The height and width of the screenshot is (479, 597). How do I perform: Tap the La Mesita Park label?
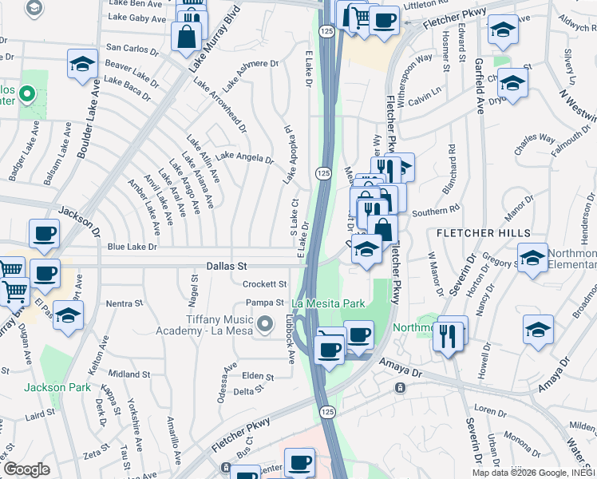(328, 303)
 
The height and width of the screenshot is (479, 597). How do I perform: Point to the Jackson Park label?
(55, 388)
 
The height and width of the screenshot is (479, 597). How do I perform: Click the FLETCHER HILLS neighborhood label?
(484, 232)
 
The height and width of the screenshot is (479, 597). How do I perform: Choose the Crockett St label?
(264, 284)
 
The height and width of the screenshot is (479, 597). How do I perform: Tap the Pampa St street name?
(265, 303)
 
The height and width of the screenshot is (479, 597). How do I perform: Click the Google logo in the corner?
(26, 469)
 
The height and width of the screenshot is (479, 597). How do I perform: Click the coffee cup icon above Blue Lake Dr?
(44, 234)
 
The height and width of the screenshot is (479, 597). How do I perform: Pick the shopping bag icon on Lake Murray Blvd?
(187, 36)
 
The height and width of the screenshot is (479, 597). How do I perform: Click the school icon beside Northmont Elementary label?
(532, 258)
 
